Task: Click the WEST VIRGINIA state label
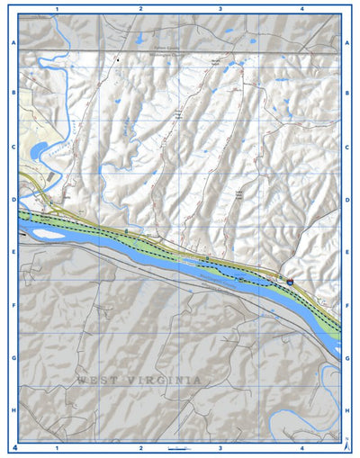coord(139,381)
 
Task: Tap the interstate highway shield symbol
coord(290,283)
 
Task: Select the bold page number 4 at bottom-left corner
coord(15,447)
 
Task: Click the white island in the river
coord(49,234)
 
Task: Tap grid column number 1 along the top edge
coord(57,8)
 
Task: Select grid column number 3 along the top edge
coord(220,8)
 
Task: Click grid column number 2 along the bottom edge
coord(140,447)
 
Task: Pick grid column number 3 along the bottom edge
coord(220,447)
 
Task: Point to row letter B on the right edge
coord(346,93)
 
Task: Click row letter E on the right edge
coord(346,253)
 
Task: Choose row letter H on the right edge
coord(346,410)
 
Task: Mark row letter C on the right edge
coord(346,147)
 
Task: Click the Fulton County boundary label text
coord(174,48)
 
